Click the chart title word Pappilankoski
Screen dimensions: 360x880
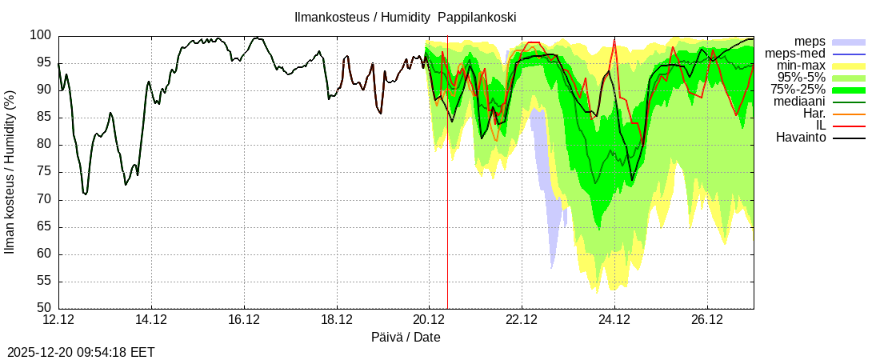click(x=477, y=17)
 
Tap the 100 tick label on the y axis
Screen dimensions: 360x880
click(x=41, y=35)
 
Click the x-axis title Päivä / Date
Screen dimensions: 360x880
click(x=406, y=338)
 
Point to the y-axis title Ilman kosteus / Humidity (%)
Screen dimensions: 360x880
click(x=10, y=172)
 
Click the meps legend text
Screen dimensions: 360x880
click(x=810, y=42)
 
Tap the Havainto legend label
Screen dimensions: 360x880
click(x=801, y=138)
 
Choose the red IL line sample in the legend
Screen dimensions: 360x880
click(x=849, y=126)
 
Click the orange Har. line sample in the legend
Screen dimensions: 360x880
click(x=849, y=114)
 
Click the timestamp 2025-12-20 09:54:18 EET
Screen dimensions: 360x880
click(x=81, y=352)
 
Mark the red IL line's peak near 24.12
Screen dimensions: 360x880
click(x=614, y=42)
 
